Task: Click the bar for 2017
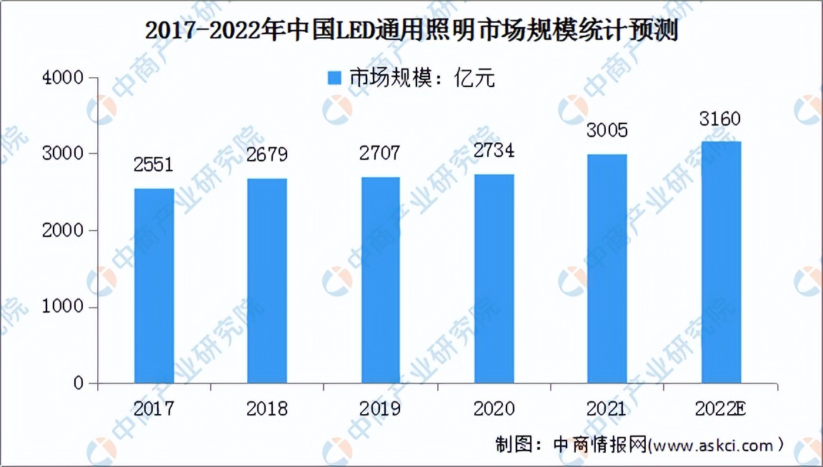click(x=154, y=286)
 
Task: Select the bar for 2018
click(x=267, y=281)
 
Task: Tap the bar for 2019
click(x=380, y=280)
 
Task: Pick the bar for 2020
click(x=494, y=278)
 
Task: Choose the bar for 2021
click(x=607, y=268)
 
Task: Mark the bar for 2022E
click(x=721, y=262)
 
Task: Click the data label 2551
click(x=154, y=165)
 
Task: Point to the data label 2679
click(x=267, y=156)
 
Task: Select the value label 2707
click(x=380, y=154)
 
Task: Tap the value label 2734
click(x=494, y=151)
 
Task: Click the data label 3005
click(x=607, y=131)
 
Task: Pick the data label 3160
click(x=720, y=118)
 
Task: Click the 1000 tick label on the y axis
click(x=64, y=308)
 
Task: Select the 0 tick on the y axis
click(x=79, y=384)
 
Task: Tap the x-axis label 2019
click(x=380, y=409)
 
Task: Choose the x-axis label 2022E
click(x=720, y=409)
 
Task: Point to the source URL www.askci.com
click(x=712, y=446)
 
